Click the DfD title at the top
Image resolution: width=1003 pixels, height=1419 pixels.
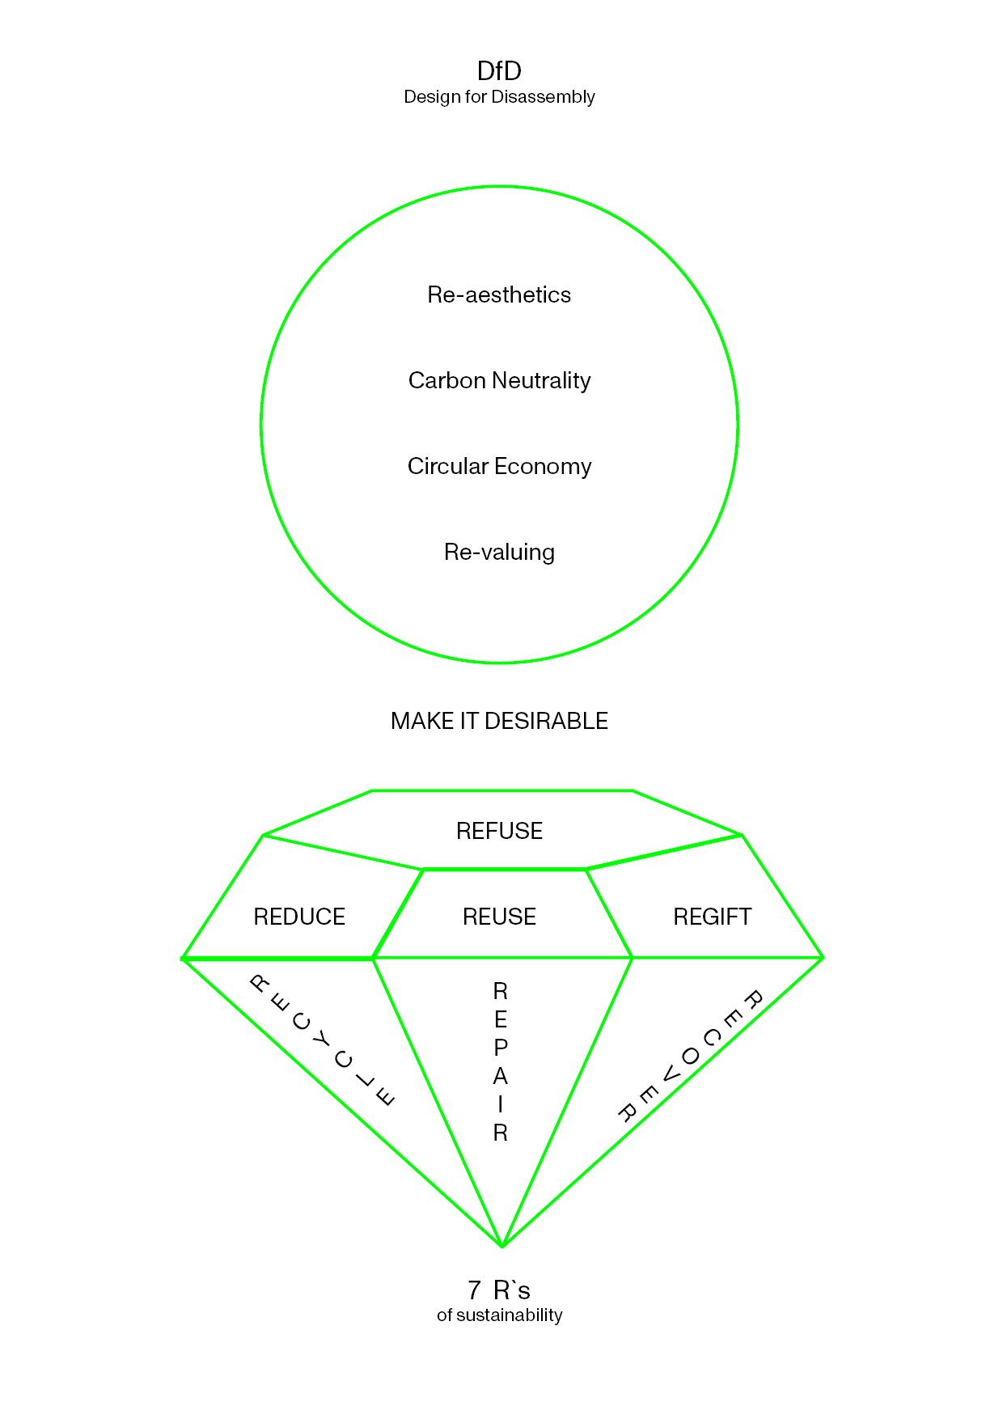click(x=499, y=71)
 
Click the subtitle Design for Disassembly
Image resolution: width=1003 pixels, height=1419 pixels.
click(x=499, y=97)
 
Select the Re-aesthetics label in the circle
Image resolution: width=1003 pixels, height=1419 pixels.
click(x=499, y=294)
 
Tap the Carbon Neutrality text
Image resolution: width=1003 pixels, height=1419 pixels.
click(x=499, y=380)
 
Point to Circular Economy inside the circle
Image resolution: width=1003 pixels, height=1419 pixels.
click(x=499, y=466)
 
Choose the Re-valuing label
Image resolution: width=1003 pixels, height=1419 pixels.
click(x=499, y=552)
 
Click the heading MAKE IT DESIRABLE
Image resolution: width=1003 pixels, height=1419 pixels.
click(x=499, y=721)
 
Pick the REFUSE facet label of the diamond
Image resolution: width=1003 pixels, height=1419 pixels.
click(x=499, y=831)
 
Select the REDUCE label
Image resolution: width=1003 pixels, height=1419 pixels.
click(x=299, y=917)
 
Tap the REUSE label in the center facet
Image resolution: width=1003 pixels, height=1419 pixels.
click(x=499, y=917)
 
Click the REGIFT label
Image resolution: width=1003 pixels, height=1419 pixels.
click(x=712, y=917)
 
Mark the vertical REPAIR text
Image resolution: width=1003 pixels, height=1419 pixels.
click(x=501, y=1061)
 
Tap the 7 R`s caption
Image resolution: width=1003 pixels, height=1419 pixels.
click(x=499, y=1290)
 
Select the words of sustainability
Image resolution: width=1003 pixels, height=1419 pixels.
click(x=499, y=1315)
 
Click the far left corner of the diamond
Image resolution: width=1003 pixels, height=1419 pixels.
click(x=183, y=959)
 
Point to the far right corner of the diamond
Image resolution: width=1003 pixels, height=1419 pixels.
click(x=823, y=958)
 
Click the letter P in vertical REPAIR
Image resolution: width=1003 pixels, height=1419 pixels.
click(x=501, y=1048)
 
